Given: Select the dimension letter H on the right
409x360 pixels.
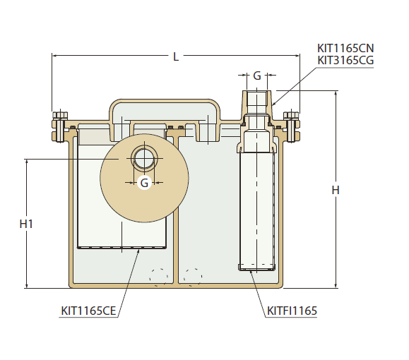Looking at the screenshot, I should (336, 190).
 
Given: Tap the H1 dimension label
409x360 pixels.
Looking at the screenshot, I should (27, 224).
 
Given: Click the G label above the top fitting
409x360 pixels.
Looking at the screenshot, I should (257, 75).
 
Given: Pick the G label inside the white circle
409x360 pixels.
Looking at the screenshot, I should (144, 183).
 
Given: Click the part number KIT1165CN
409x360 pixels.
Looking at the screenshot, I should (345, 48).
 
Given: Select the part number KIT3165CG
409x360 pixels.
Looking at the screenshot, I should (345, 60).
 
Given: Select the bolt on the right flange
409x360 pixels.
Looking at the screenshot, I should (291, 126).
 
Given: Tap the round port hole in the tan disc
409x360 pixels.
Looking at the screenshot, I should (144, 157).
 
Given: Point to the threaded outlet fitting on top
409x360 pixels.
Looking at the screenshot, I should (257, 102).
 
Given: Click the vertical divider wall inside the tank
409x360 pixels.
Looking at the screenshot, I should (175, 212).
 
